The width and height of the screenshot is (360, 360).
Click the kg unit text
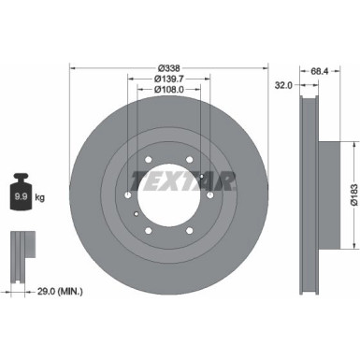pos(38,198)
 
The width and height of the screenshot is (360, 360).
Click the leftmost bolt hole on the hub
pos(129,194)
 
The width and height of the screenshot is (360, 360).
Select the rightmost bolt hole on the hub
pos(210,194)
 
